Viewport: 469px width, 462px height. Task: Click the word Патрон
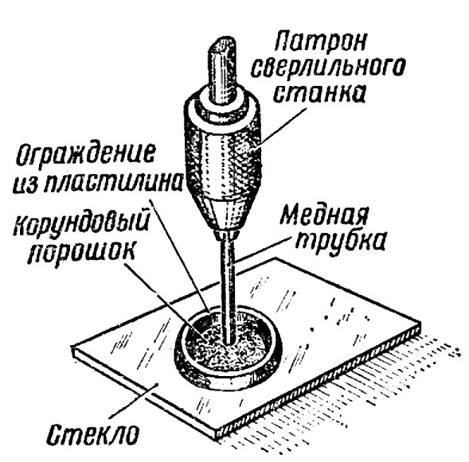(x=320, y=43)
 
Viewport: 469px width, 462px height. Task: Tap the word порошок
(x=81, y=252)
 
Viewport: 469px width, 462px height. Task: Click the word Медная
(x=324, y=215)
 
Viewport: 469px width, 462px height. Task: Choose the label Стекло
(x=92, y=434)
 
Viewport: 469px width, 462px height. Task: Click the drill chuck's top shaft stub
(x=223, y=69)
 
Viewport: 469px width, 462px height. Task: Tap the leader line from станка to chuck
(x=281, y=126)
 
